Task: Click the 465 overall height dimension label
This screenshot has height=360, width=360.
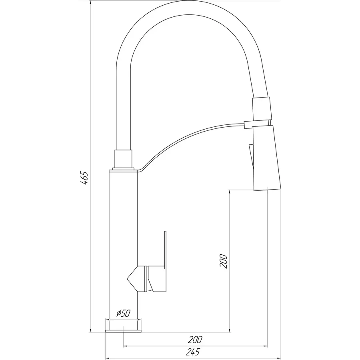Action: pos(84,178)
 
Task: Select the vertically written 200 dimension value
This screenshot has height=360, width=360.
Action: pos(224,261)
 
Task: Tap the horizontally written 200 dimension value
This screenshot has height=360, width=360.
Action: pos(195,340)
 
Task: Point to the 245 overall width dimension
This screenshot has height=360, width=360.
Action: pos(192,352)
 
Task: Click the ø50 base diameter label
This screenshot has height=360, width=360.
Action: pos(123,314)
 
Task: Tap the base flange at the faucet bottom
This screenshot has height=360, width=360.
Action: pos(123,331)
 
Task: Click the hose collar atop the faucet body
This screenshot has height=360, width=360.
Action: pos(123,159)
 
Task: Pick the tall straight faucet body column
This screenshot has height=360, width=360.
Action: pos(123,240)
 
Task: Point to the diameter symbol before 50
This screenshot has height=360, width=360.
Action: pos(118,314)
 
